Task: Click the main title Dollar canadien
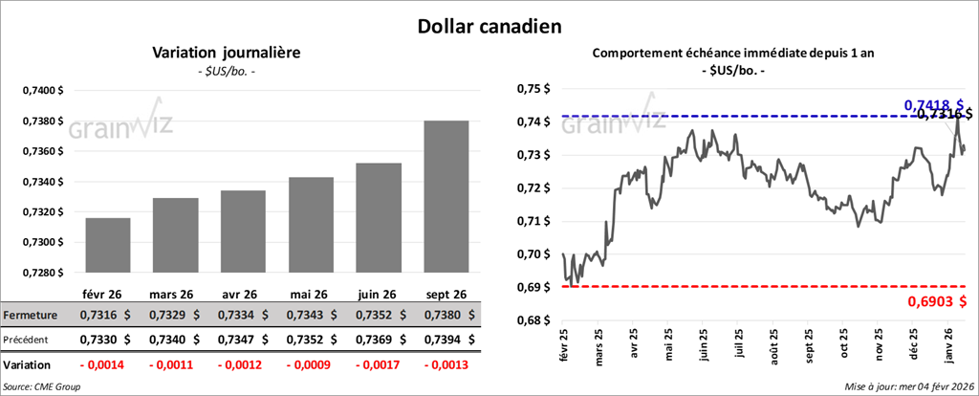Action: pyautogui.click(x=489, y=25)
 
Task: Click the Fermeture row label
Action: pyautogui.click(x=31, y=315)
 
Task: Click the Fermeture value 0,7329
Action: pyautogui.click(x=167, y=315)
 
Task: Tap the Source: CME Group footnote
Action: pyautogui.click(x=41, y=386)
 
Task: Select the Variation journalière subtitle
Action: pyautogui.click(x=227, y=53)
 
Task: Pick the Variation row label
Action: pyautogui.click(x=27, y=365)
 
